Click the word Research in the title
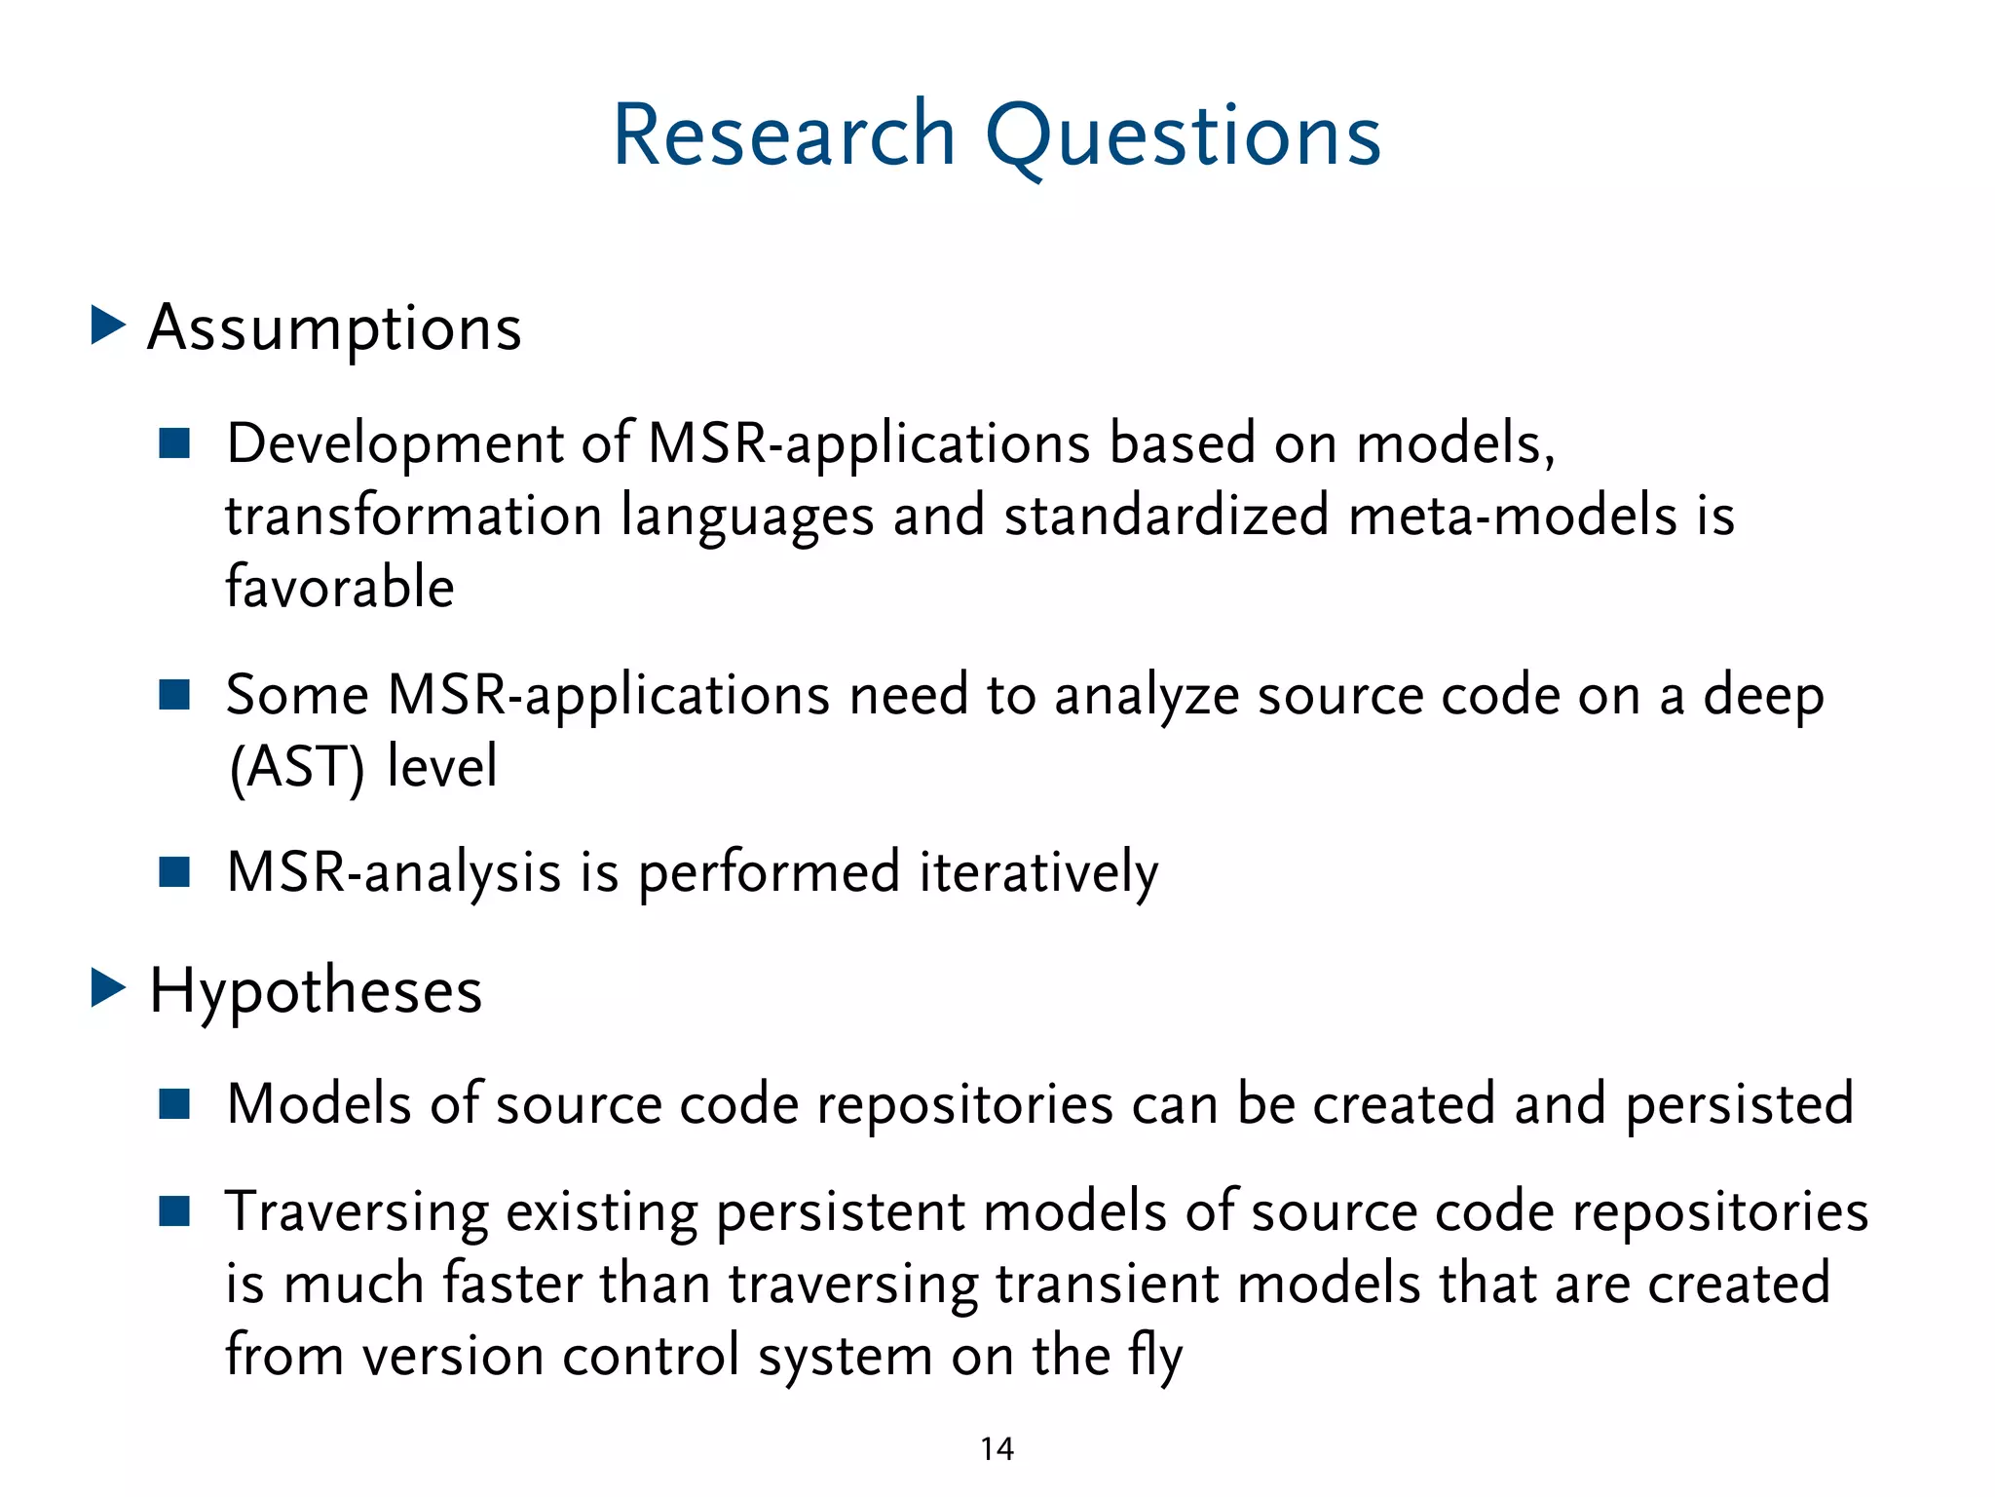(784, 136)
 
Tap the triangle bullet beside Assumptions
(107, 326)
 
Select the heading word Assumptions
(334, 329)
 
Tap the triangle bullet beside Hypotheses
(107, 988)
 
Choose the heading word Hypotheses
(316, 992)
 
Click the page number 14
(997, 1449)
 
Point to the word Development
(395, 444)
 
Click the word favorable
(340, 587)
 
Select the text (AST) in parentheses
(297, 767)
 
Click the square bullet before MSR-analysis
(174, 871)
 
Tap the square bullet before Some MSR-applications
(174, 695)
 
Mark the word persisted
(1739, 1104)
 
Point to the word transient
(1107, 1284)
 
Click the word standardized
(1166, 516)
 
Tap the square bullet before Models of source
(174, 1104)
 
